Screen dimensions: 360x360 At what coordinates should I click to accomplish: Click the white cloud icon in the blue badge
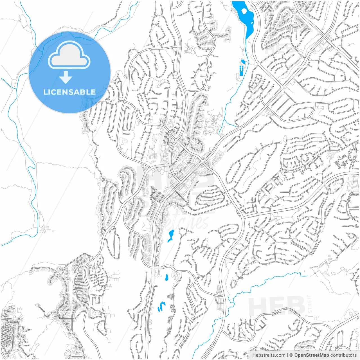coord(69,56)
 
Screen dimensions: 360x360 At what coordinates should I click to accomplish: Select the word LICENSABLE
coord(69,92)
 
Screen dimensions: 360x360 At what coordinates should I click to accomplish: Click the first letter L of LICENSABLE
coord(45,92)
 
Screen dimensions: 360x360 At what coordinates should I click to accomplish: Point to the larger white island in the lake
coord(244,11)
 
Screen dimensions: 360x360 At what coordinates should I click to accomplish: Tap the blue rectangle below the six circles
coord(241,74)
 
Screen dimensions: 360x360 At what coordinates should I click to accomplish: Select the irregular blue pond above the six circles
coord(243,62)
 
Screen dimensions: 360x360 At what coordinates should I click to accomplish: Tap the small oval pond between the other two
coord(167,277)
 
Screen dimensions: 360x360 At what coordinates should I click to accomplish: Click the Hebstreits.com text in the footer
coord(268,355)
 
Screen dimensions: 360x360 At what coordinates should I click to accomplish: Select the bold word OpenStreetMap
coord(311,355)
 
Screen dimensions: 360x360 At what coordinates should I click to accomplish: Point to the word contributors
coord(343,355)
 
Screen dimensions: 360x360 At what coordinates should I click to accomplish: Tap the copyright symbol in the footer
coord(291,355)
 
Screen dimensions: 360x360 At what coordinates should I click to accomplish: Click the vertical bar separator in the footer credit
coord(287,355)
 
